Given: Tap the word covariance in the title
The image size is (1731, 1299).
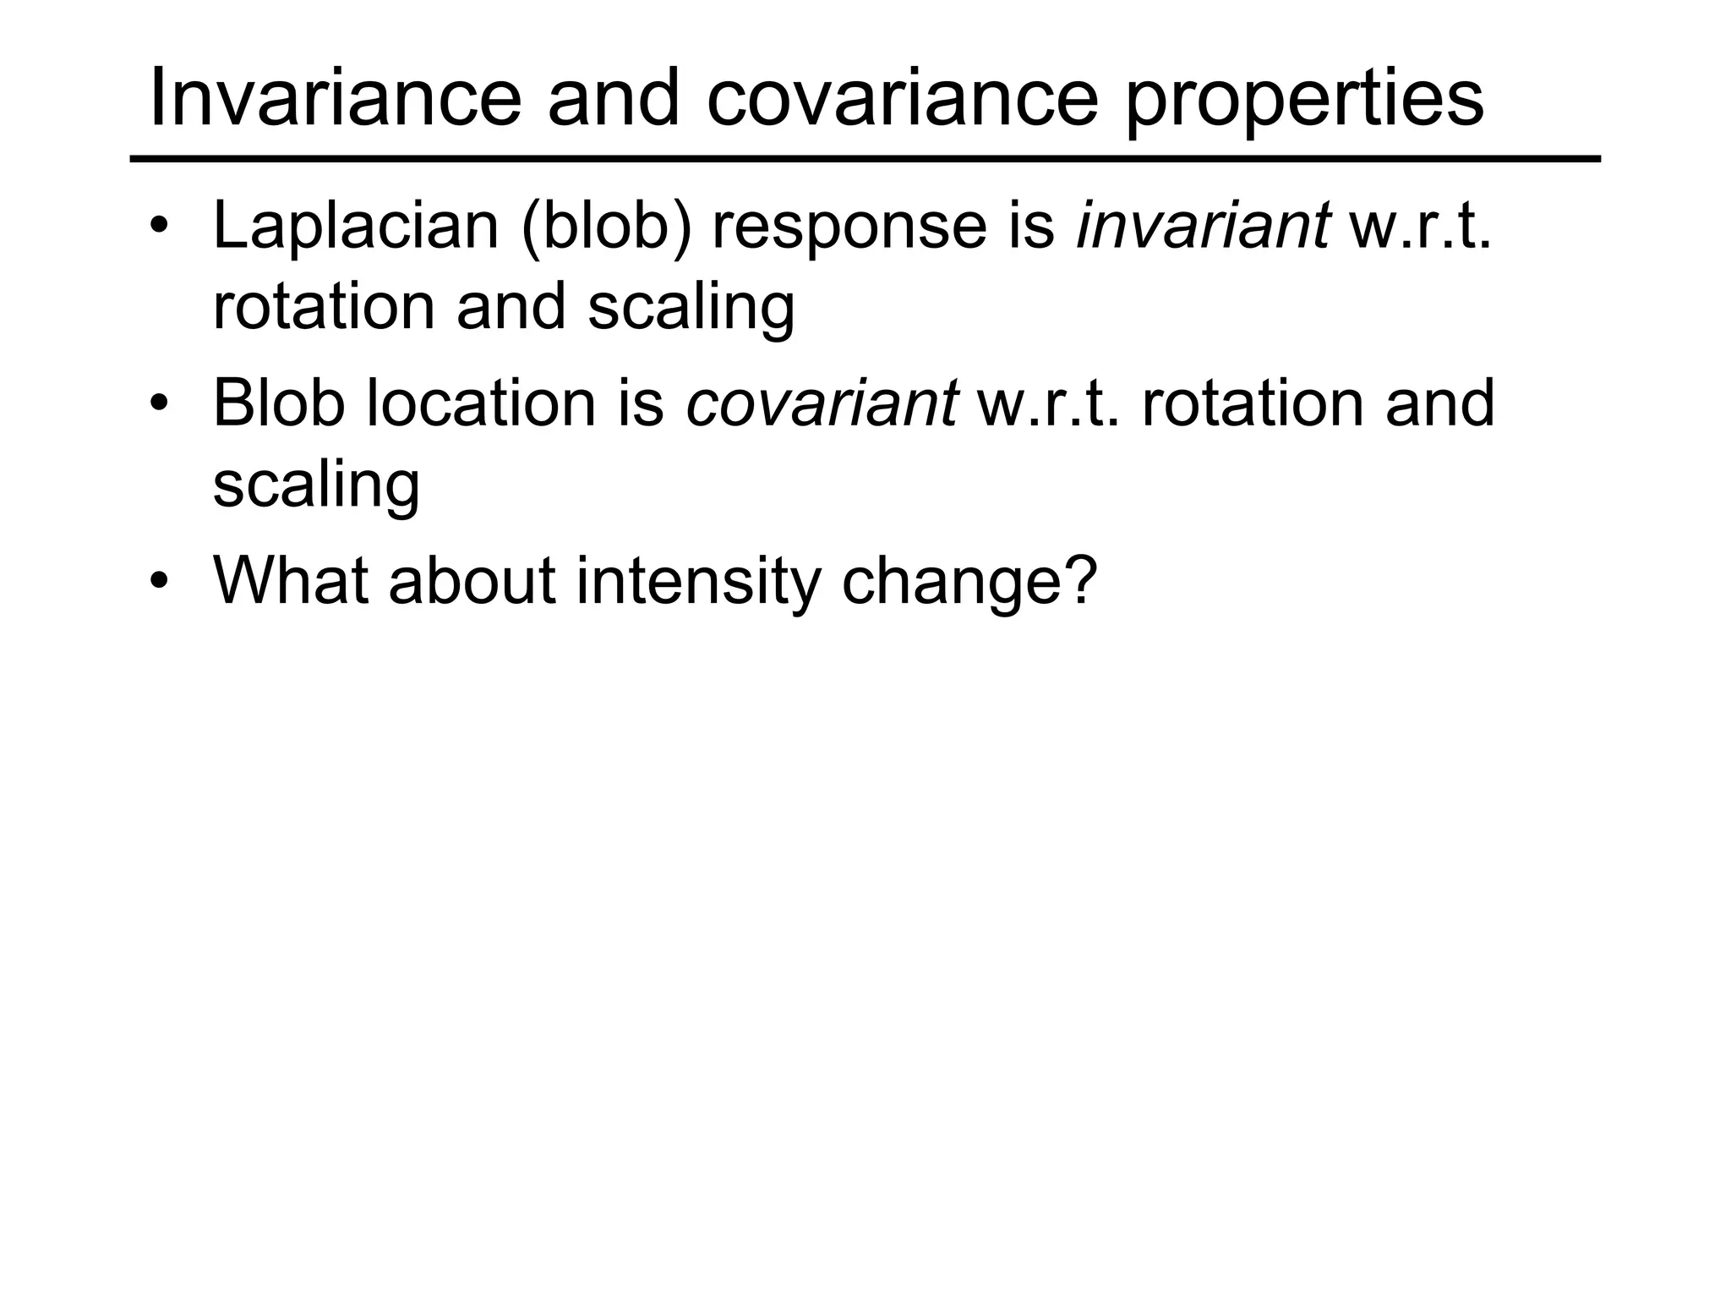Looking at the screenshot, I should [x=902, y=100].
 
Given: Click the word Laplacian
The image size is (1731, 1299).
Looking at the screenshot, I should [x=356, y=227].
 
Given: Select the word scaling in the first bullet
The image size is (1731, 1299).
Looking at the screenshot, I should [x=691, y=308].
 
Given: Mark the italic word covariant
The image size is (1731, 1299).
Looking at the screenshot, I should [x=822, y=404].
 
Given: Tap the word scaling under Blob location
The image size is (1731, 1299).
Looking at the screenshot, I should [x=316, y=485].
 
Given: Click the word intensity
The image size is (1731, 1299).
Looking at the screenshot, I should [x=698, y=582].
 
